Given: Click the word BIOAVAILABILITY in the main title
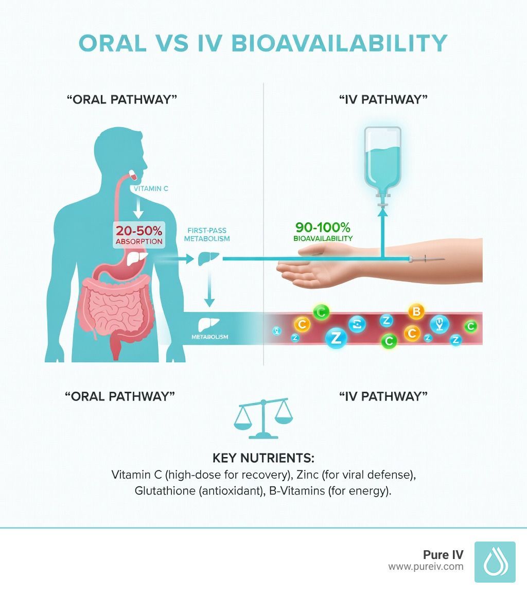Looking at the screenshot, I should [x=341, y=43].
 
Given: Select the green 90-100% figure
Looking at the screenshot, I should [x=323, y=227].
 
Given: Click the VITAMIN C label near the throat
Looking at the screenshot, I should [x=151, y=189].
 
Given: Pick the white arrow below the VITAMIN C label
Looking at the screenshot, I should [x=138, y=208].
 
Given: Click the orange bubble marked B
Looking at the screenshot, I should [x=416, y=311].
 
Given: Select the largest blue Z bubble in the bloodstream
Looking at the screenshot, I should [x=336, y=338].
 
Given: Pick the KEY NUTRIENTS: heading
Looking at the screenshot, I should [x=263, y=458].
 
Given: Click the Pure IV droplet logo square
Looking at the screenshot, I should [x=495, y=562].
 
